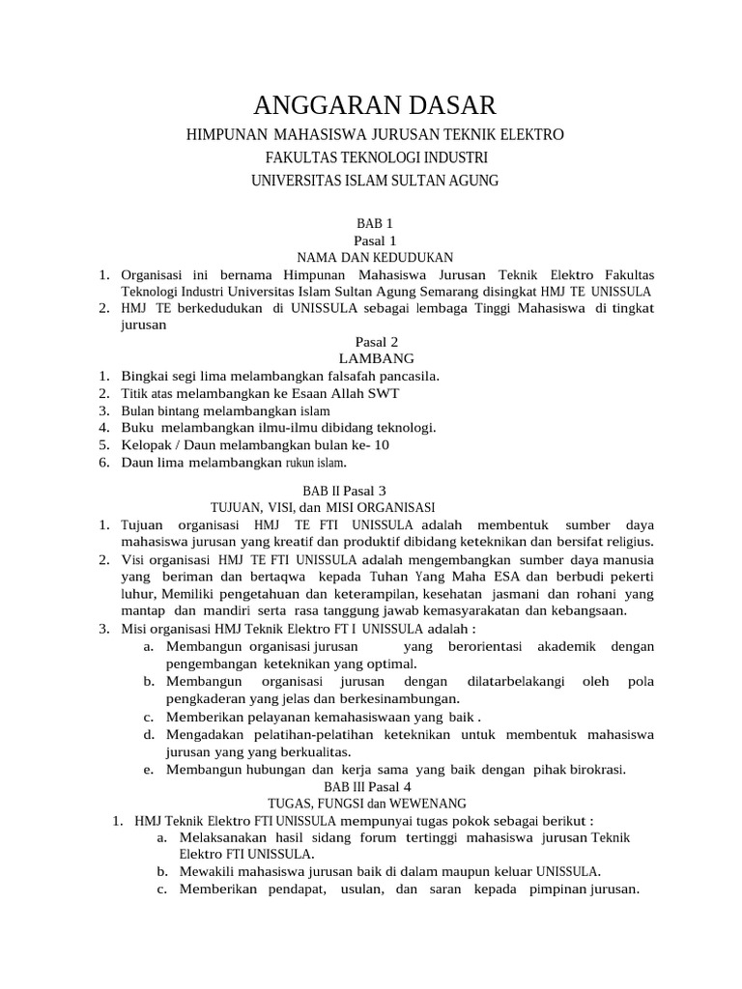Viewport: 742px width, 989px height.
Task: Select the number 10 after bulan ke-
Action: [383, 445]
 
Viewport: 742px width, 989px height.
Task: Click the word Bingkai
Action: [144, 376]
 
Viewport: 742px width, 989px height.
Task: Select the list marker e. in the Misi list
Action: [149, 770]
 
